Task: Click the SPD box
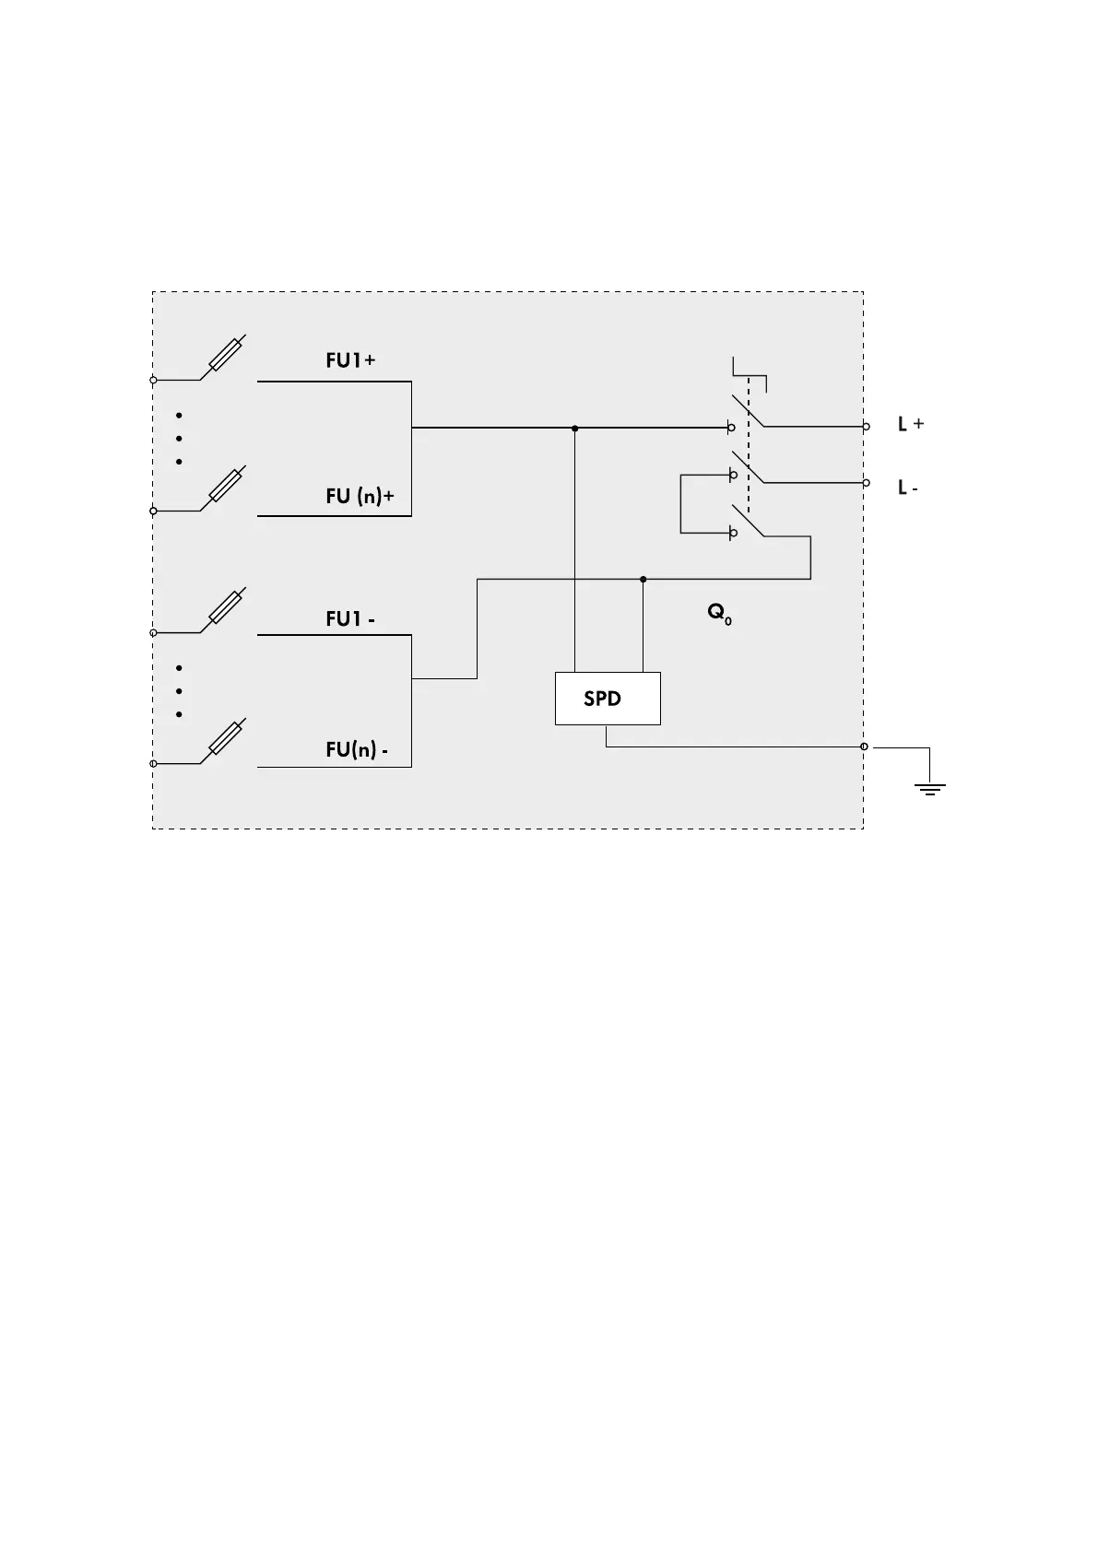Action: pyautogui.click(x=608, y=699)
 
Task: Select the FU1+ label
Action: pyautogui.click(x=350, y=360)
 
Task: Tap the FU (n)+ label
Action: pyautogui.click(x=360, y=496)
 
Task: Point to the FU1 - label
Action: pyautogui.click(x=350, y=619)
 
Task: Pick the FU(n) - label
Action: pyautogui.click(x=356, y=750)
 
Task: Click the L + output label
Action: pyautogui.click(x=911, y=425)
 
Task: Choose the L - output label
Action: pyautogui.click(x=908, y=488)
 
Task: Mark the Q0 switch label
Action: pyautogui.click(x=719, y=613)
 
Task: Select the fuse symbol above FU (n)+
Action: pyautogui.click(x=227, y=486)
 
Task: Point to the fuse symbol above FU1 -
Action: pyautogui.click(x=227, y=607)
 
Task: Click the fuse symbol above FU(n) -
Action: pyautogui.click(x=227, y=739)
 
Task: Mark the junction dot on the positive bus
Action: pyautogui.click(x=575, y=429)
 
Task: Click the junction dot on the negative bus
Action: pyautogui.click(x=643, y=580)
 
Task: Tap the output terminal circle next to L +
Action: pyautogui.click(x=866, y=427)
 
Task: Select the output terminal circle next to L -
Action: pyautogui.click(x=866, y=482)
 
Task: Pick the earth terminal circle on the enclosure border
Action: pyautogui.click(x=864, y=747)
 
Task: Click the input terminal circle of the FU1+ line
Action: pyautogui.click(x=154, y=380)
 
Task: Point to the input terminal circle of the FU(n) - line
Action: pyautogui.click(x=154, y=764)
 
